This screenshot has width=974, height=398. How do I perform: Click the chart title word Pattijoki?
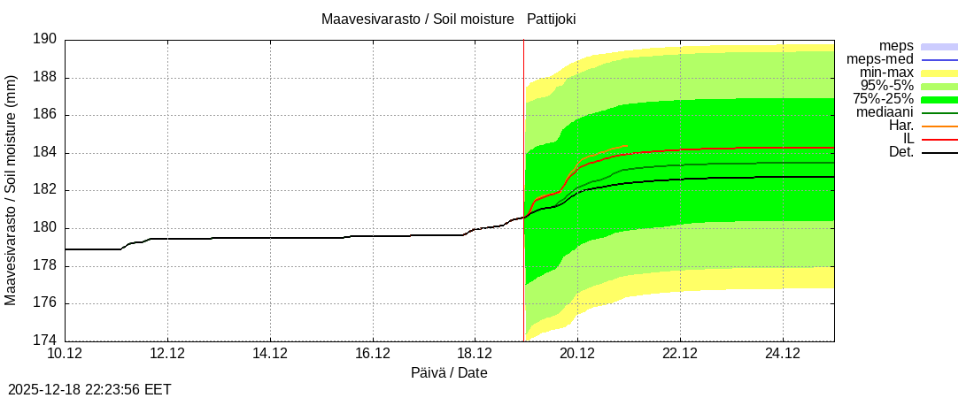[551, 19]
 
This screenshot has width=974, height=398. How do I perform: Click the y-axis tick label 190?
[45, 40]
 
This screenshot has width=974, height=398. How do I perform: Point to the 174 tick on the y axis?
[45, 341]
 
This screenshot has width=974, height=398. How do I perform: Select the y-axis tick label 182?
[45, 190]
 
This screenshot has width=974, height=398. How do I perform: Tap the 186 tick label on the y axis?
[45, 115]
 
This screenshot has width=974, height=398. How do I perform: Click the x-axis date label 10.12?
[66, 353]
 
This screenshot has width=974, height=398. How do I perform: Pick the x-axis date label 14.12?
[270, 353]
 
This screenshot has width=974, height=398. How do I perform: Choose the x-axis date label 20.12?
[577, 353]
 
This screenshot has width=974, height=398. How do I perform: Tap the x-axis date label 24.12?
[782, 353]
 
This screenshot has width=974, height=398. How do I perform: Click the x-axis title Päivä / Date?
[449, 372]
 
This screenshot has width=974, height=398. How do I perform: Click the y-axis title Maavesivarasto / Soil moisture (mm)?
[11, 190]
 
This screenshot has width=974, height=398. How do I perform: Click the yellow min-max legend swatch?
[939, 73]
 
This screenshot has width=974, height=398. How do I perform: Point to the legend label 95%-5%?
[886, 86]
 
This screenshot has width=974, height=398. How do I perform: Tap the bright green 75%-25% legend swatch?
[939, 99]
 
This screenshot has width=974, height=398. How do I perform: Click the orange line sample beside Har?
[939, 126]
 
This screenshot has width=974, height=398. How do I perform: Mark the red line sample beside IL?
[939, 139]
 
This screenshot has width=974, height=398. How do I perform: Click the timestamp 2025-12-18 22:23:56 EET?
[89, 389]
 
